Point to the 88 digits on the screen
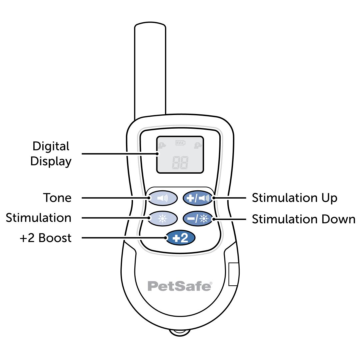point(180,162)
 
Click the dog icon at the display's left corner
point(162,145)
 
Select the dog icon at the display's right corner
point(198,145)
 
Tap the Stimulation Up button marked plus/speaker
point(198,198)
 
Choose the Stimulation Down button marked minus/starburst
point(198,218)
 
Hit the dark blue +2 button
point(180,238)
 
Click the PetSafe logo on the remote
point(180,286)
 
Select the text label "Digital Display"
point(51,154)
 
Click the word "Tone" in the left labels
point(57,198)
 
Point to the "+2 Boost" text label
point(45,238)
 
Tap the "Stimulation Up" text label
point(294,198)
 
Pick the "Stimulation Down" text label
point(303,219)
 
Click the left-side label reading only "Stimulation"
point(39,218)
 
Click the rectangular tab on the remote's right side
point(234,274)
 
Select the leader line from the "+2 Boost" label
point(123,238)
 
